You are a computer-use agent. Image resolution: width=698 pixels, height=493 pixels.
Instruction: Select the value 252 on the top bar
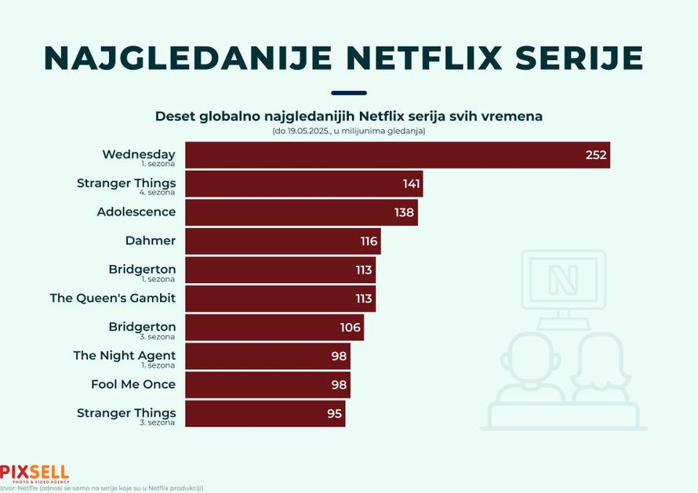click(596, 155)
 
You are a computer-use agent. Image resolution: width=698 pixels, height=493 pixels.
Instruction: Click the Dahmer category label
click(151, 241)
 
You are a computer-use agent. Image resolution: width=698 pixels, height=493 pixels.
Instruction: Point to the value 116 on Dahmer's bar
click(369, 241)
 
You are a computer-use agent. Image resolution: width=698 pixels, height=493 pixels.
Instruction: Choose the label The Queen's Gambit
click(113, 298)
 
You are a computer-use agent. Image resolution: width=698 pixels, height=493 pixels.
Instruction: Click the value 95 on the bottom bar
click(335, 414)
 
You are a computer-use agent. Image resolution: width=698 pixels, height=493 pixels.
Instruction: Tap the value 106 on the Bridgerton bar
click(351, 328)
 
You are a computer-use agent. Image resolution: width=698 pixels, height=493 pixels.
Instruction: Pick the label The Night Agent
click(125, 356)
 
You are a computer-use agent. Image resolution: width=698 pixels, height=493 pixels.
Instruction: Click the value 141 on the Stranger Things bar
click(412, 184)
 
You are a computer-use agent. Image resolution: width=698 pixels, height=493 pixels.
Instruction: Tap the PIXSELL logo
click(35, 473)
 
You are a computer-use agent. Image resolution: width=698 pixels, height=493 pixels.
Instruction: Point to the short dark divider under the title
click(349, 93)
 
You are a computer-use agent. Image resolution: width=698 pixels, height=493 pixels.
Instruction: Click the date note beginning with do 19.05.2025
click(349, 131)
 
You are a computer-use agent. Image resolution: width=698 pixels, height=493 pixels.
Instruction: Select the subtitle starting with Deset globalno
click(349, 116)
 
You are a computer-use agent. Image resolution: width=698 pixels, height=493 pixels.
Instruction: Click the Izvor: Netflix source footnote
click(102, 488)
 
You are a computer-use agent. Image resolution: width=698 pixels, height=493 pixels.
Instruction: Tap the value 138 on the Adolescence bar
click(405, 212)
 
